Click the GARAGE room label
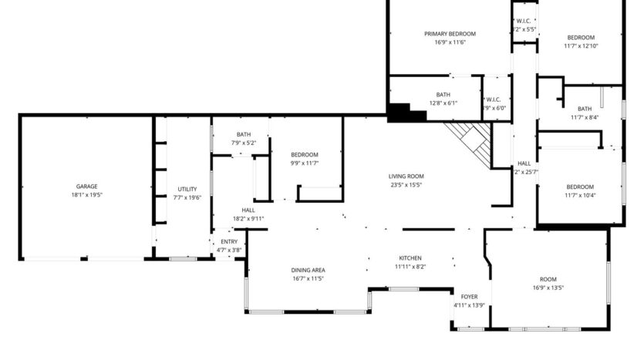pos(86,187)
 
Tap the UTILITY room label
pos(187,189)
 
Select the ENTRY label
pos(224,241)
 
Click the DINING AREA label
pos(308,270)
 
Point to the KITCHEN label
pos(410,257)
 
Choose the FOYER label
pos(469,297)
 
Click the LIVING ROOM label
pos(406,176)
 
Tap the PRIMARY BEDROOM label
pos(450,34)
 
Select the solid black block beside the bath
pos(405,113)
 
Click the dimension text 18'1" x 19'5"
pos(86,196)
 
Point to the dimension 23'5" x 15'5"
pos(406,185)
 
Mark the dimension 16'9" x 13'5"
pos(548,288)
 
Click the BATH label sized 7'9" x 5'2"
pos(244,134)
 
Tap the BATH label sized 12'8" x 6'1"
pos(443,94)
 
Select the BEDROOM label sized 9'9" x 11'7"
pos(304,154)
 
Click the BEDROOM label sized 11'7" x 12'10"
pos(581,38)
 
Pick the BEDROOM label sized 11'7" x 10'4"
pos(580,187)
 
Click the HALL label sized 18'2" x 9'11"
pos(248,210)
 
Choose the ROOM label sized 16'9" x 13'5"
pos(548,278)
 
